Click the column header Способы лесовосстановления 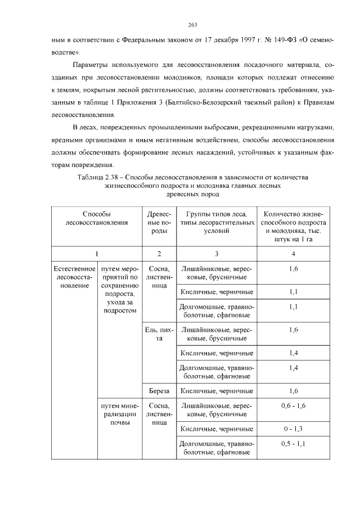(x=97, y=218)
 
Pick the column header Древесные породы (x=159, y=223)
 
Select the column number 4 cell (x=293, y=254)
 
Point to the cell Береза (x=159, y=390)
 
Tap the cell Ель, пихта (x=159, y=334)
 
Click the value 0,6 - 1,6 (x=293, y=405)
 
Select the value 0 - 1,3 (x=293, y=429)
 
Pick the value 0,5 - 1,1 (x=293, y=444)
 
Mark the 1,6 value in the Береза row (x=293, y=390)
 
